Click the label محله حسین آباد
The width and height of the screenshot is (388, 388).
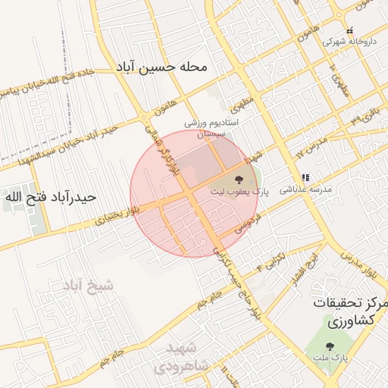160,67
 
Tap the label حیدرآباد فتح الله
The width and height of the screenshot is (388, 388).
50,197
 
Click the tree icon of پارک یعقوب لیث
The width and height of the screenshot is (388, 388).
239,180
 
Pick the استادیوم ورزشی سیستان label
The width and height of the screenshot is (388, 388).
211,127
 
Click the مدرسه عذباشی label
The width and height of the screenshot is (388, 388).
303,190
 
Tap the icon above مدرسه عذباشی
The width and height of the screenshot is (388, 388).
304,177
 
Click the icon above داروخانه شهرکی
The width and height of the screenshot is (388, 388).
349,30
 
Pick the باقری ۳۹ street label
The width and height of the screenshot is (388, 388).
368,117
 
